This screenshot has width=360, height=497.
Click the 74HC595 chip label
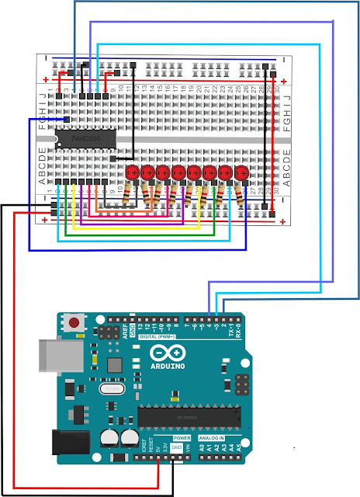pos(85,139)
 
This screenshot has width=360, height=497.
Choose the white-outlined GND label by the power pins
pos(177,447)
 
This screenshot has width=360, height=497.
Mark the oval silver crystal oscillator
pos(113,388)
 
